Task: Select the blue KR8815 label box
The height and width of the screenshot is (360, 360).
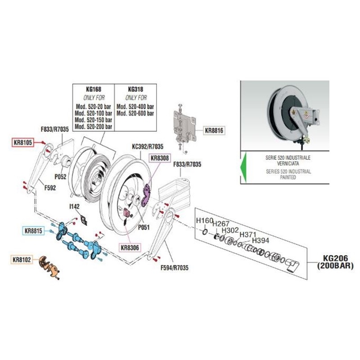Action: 34,231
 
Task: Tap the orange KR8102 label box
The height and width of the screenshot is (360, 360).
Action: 22,260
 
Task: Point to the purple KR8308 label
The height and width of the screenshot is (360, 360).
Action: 159,158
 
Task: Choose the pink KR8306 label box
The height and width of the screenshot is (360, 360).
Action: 129,247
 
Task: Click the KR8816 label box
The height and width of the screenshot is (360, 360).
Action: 214,131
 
